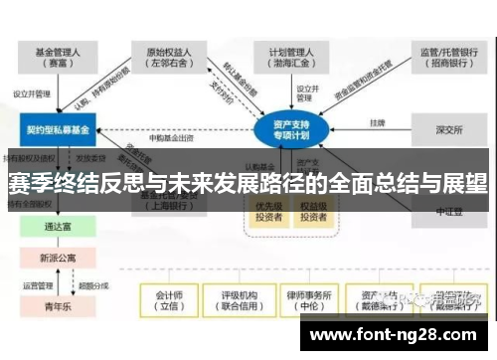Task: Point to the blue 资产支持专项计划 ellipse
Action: click(292, 128)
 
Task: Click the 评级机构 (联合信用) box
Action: click(240, 300)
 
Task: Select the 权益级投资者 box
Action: click(314, 211)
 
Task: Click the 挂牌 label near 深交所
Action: click(377, 123)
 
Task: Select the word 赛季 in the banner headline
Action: click(30, 184)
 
